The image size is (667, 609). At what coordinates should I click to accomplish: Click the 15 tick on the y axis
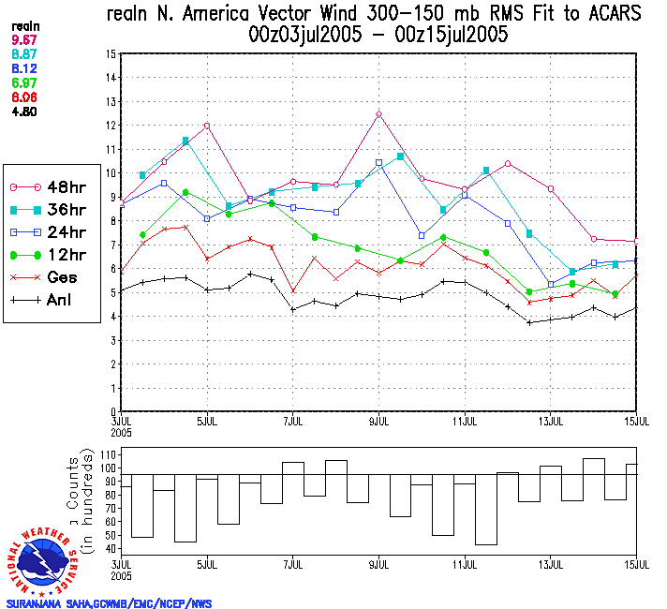tap(111, 54)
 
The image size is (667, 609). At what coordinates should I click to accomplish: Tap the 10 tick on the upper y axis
tap(111, 173)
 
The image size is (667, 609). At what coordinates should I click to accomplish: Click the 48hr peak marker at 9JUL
tap(379, 114)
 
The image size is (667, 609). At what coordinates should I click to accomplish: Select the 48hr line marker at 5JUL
tap(207, 126)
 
